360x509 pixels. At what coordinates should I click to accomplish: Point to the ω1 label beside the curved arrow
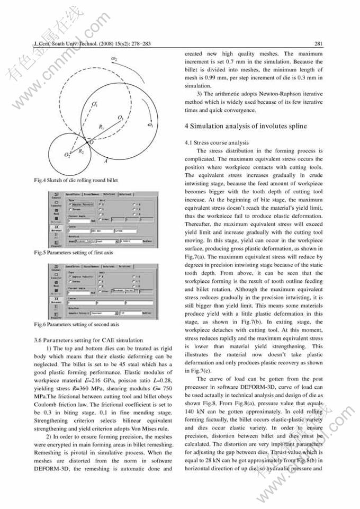click(150, 125)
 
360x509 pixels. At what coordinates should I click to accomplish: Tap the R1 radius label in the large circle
click(101, 127)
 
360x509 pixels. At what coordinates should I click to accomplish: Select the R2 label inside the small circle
click(81, 151)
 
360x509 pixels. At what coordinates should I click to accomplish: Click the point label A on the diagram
click(106, 160)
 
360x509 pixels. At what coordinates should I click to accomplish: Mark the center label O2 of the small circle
click(67, 154)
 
